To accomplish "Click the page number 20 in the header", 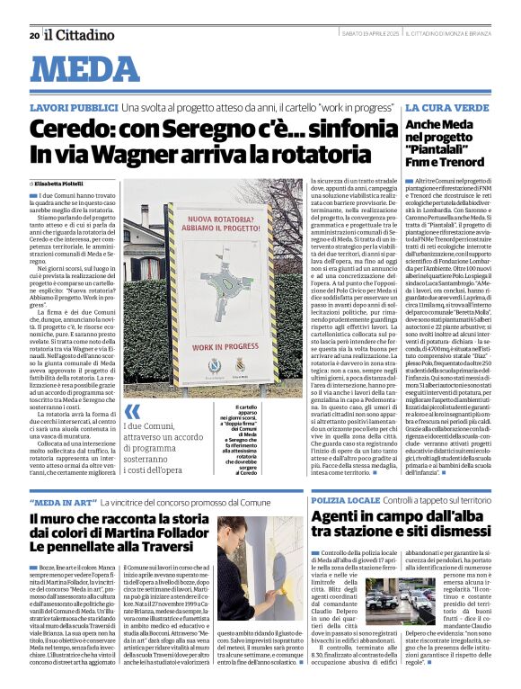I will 33,35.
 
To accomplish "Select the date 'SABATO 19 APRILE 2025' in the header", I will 366,34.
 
